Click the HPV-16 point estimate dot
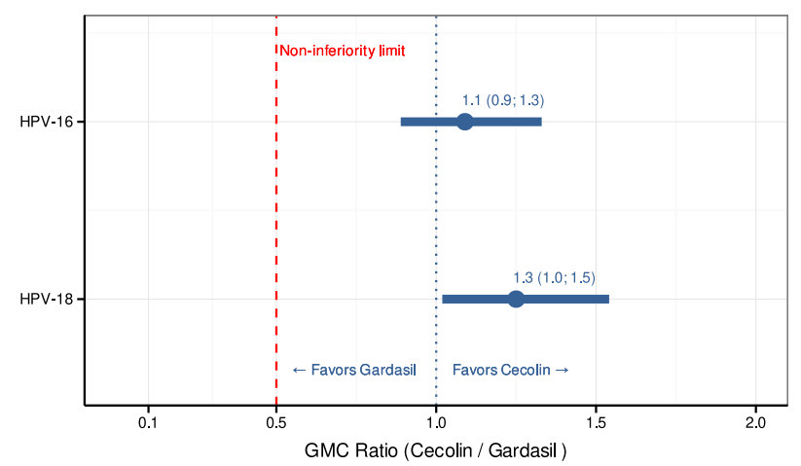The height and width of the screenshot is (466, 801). click(x=465, y=122)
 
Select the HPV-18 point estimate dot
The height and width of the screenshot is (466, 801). click(x=516, y=299)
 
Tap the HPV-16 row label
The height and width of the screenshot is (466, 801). click(x=46, y=122)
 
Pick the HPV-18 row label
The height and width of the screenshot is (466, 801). click(x=46, y=299)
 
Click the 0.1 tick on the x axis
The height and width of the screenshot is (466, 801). click(x=148, y=423)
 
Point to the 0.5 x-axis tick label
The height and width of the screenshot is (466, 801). click(x=276, y=423)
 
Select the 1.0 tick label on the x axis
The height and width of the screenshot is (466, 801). click(x=436, y=423)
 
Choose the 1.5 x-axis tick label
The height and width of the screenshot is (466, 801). click(x=597, y=423)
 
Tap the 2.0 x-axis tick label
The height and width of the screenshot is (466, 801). click(x=756, y=423)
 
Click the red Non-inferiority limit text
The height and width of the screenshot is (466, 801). click(x=343, y=51)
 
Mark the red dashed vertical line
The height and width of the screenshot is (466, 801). click(x=276, y=214)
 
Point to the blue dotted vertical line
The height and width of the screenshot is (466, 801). click(x=436, y=214)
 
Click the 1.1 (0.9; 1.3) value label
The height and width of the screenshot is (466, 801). click(x=503, y=100)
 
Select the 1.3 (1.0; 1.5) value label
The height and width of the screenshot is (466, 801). click(x=554, y=277)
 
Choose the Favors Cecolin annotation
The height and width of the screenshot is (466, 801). click(x=511, y=370)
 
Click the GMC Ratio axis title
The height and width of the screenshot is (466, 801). click(x=436, y=451)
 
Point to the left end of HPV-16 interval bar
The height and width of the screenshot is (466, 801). click(x=402, y=122)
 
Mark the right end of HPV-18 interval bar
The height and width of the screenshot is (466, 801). click(x=608, y=299)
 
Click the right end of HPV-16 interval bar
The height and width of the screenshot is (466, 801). click(x=541, y=122)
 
